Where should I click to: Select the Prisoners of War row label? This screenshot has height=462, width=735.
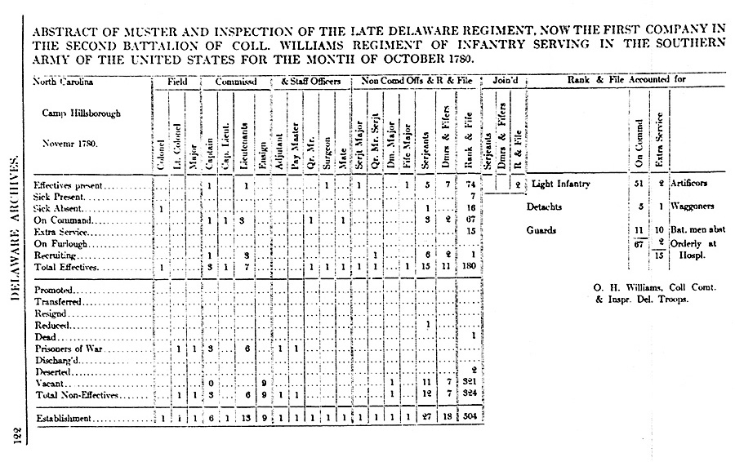click(x=69, y=348)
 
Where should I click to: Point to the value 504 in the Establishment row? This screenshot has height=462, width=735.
click(x=469, y=419)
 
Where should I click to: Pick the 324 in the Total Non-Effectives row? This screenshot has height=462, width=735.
click(x=469, y=394)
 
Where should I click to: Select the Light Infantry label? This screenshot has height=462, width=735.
click(x=562, y=184)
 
